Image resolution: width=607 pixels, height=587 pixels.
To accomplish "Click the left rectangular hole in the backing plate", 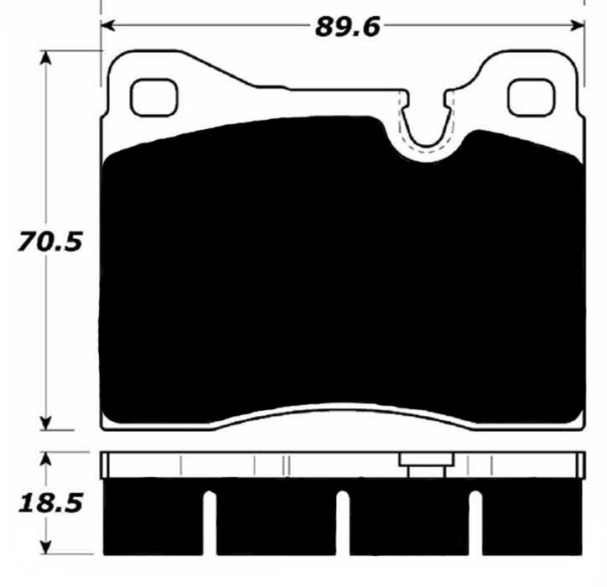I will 153,96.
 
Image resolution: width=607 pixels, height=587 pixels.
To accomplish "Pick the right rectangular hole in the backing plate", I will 531,96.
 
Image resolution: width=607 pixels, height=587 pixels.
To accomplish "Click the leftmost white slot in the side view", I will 210,523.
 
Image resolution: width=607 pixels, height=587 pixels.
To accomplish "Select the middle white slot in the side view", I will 343,523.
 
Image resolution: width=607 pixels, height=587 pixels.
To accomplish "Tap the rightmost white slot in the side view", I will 475,523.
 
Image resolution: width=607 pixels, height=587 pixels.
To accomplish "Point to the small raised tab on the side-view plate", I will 426,461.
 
